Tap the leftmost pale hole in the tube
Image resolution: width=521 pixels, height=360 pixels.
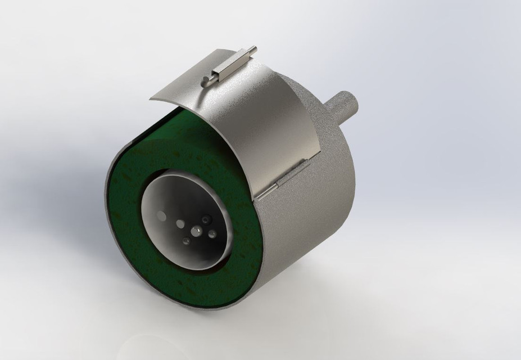pos(162,215)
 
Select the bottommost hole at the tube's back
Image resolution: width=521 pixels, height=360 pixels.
pos(185,241)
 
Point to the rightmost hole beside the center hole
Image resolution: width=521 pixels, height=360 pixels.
pos(212,234)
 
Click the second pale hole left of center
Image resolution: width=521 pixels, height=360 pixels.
pos(180,224)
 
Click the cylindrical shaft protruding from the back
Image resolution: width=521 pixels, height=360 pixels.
pos(343,106)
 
